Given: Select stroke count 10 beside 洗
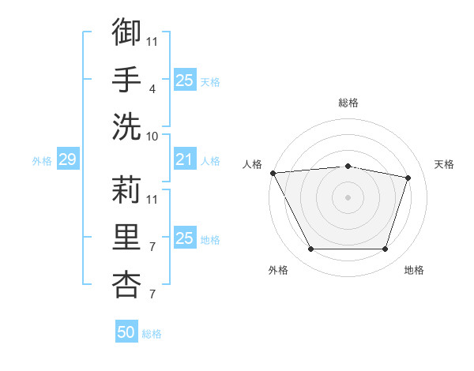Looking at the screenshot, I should (x=152, y=137).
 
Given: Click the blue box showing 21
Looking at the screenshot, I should (x=184, y=160).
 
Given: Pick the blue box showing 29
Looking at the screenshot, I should (x=67, y=160).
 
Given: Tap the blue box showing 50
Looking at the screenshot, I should (x=126, y=332).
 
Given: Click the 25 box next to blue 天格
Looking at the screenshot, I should (x=184, y=81).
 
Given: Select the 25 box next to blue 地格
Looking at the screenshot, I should (x=184, y=238).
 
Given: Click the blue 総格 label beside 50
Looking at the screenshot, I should (x=152, y=334).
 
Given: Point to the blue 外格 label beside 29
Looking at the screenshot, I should (x=42, y=161).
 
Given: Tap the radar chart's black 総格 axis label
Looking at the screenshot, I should (x=348, y=103).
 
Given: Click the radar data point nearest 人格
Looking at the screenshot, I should (x=273, y=173).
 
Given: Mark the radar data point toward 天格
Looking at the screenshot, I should (x=408, y=178).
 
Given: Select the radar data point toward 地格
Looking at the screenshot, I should (x=385, y=249).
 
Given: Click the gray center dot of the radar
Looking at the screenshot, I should (x=348, y=197).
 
